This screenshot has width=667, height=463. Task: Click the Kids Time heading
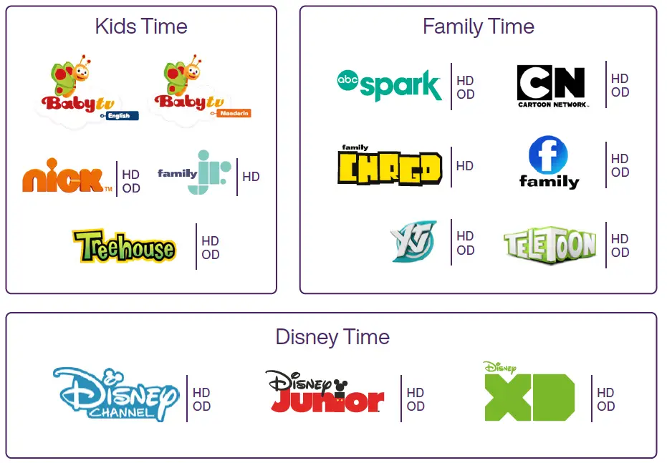pyautogui.click(x=141, y=27)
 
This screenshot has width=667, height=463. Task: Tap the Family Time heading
pyautogui.click(x=478, y=27)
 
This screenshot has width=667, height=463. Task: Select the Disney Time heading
pyautogui.click(x=332, y=337)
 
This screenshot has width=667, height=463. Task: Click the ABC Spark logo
pyautogui.click(x=389, y=86)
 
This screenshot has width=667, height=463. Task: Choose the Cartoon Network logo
pyautogui.click(x=552, y=86)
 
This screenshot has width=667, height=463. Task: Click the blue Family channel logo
pyautogui.click(x=548, y=163)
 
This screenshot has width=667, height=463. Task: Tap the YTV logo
pyautogui.click(x=413, y=242)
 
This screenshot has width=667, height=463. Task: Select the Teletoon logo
pyautogui.click(x=550, y=245)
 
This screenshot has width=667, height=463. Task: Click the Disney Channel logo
pyautogui.click(x=115, y=394)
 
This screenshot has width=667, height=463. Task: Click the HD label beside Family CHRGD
pyautogui.click(x=465, y=166)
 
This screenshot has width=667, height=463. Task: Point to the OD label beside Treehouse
pyautogui.click(x=210, y=255)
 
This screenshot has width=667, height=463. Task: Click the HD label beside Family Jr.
pyautogui.click(x=251, y=177)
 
